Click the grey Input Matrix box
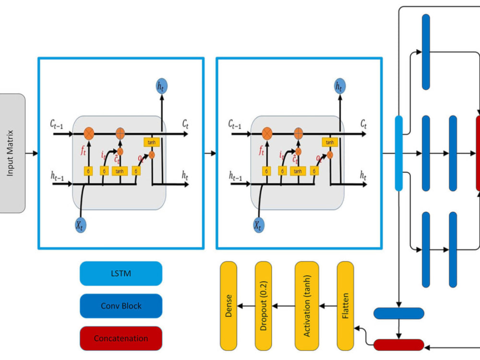pyautogui.click(x=12, y=153)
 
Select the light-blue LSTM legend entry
pyautogui.click(x=120, y=274)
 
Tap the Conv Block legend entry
pyautogui.click(x=120, y=306)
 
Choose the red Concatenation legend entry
pyautogui.click(x=120, y=338)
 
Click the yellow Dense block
pyautogui.click(x=228, y=306)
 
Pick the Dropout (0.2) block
pyautogui.click(x=264, y=306)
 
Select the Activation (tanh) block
pyautogui.click(x=307, y=306)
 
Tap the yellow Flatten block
pyautogui.click(x=346, y=306)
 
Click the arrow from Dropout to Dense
pyautogui.click(x=246, y=306)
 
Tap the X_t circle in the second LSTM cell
pyautogui.click(x=258, y=224)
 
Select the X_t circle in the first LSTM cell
pyautogui.click(x=80, y=224)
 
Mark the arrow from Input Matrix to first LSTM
pyautogui.click(x=32, y=153)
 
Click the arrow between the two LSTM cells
pyautogui.click(x=210, y=153)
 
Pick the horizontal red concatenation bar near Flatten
pyautogui.click(x=398, y=345)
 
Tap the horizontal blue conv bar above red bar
pyautogui.click(x=398, y=313)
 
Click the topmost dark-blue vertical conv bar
pyautogui.click(x=426, y=52)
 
